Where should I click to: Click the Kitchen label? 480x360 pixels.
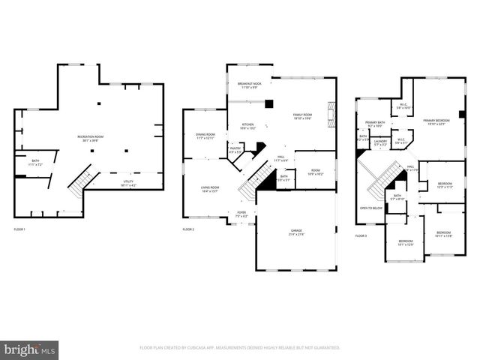pos(247,126)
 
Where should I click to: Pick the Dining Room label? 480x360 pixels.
pos(205,136)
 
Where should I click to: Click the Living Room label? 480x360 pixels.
pos(209,189)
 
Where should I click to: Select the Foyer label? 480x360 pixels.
pos(241,214)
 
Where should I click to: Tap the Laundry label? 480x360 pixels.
pos(380,142)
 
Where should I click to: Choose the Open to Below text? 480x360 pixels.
pos(370,208)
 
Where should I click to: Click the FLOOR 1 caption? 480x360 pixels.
pos(19,228)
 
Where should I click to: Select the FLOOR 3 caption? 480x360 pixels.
pos(361,235)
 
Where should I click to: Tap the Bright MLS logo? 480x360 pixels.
pos(30,349)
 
